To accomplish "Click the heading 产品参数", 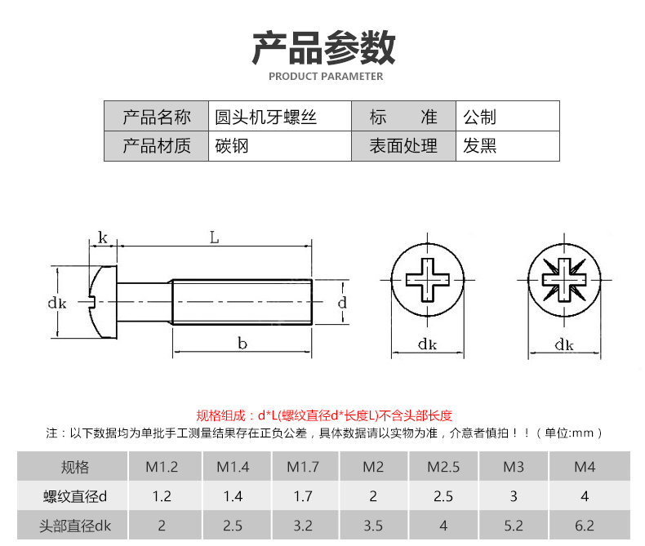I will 323,47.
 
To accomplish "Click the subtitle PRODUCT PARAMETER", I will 325,77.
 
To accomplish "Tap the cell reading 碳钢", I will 232,146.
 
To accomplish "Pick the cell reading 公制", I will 480,117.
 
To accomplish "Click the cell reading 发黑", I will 480,146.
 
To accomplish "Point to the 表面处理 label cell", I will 403,146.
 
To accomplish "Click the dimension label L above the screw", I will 214,238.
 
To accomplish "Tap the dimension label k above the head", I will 103,237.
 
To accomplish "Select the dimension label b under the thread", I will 242,344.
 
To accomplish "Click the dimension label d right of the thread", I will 342,303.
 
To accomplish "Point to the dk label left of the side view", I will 56,303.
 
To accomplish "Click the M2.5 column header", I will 443,468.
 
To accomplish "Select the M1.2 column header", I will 162,468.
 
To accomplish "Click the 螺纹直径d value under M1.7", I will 302,496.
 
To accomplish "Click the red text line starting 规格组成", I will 324,415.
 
